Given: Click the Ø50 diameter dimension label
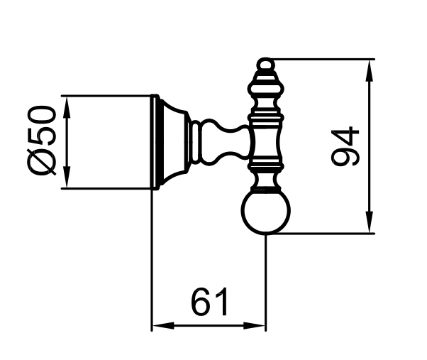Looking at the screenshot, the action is click(42, 141).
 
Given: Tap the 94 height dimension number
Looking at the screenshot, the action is click(345, 146).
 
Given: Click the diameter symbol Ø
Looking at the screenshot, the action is click(42, 162).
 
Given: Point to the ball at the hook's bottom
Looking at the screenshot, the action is click(265, 211).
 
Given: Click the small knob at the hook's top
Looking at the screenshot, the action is click(265, 64).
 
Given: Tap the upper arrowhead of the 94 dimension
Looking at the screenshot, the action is click(370, 70).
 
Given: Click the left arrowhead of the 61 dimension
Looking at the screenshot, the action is click(163, 325).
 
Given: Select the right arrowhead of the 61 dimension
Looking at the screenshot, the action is click(254, 325).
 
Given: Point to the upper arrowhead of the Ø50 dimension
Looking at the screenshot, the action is click(67, 107).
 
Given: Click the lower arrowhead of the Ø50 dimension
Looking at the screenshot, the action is click(67, 177).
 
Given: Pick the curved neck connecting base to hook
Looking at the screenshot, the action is click(225, 142).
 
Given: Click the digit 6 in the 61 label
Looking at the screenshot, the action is click(201, 302).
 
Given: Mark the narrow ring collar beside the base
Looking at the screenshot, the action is click(196, 142).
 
